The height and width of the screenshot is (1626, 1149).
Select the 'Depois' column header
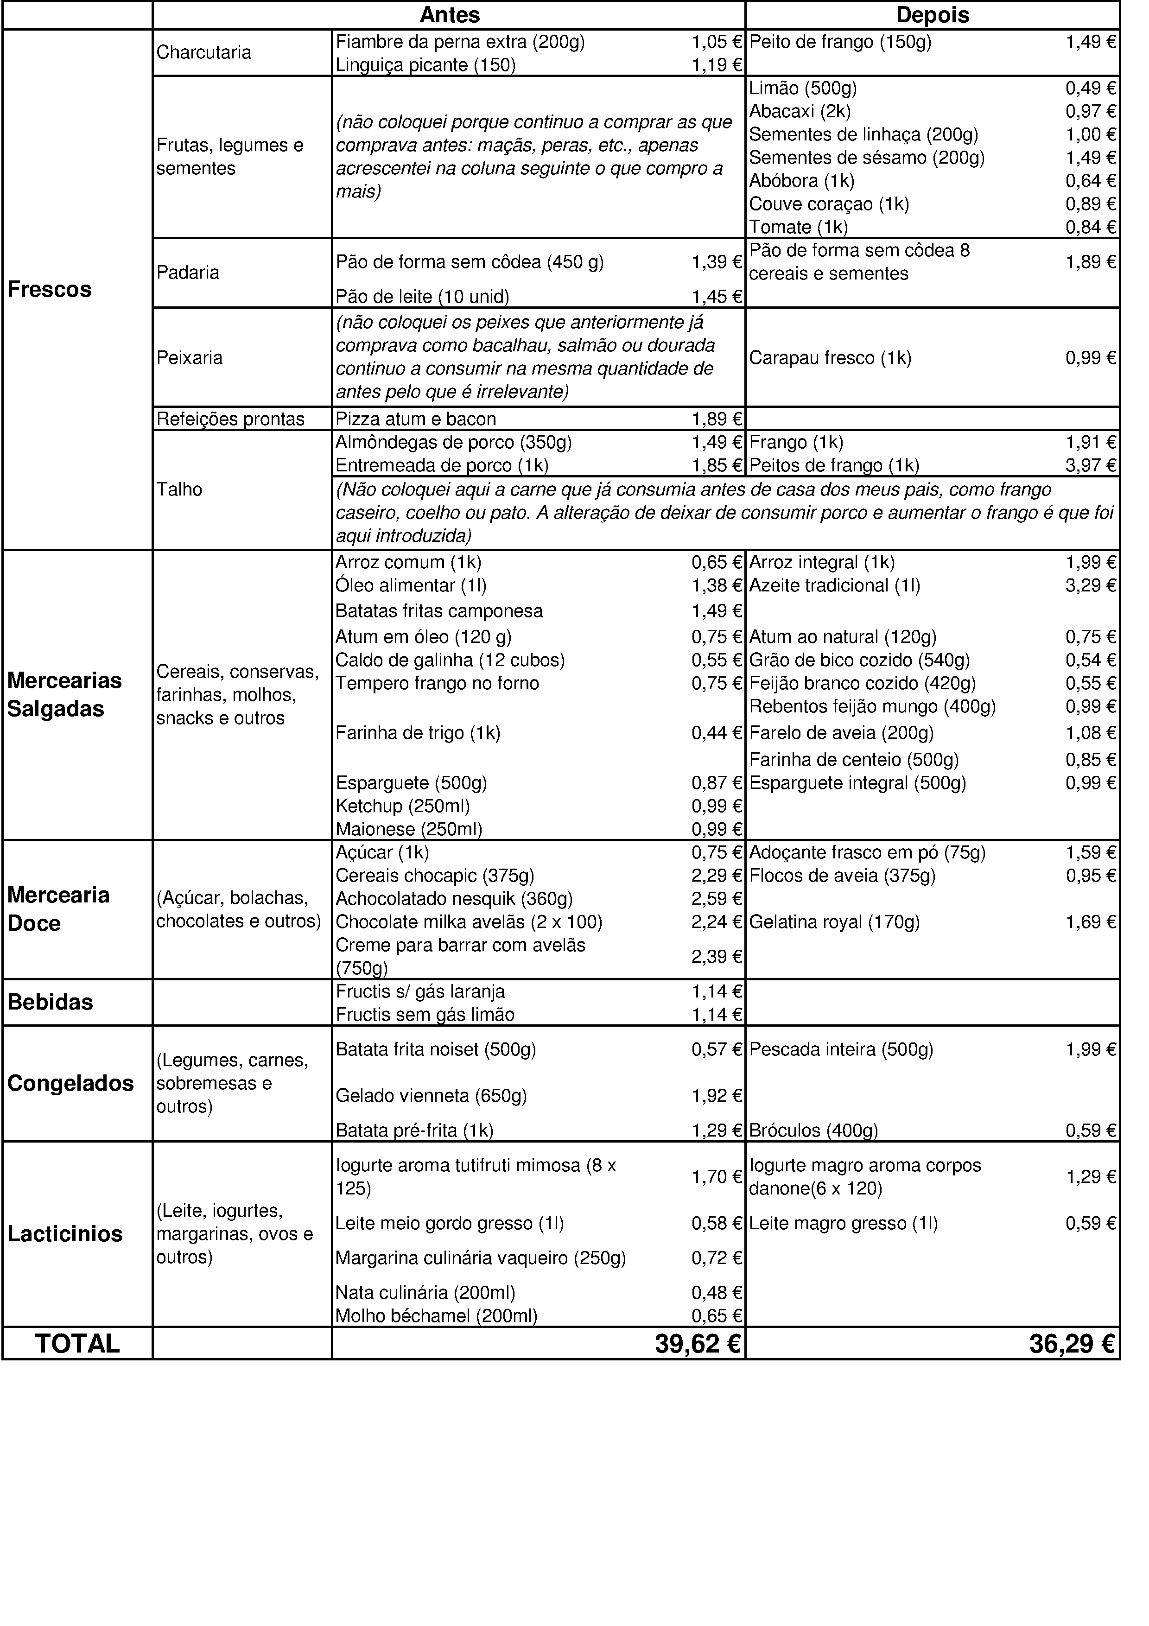(933, 15)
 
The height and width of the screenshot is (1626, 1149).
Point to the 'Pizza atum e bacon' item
(416, 419)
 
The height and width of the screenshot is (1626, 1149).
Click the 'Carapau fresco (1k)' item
(830, 358)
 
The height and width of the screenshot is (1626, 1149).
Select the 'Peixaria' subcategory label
(189, 358)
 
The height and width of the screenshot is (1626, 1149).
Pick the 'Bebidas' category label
(50, 1003)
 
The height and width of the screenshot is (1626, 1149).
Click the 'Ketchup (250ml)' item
(402, 807)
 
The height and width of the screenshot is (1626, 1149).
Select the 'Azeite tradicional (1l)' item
(835, 586)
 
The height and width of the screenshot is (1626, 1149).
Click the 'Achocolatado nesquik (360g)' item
(454, 899)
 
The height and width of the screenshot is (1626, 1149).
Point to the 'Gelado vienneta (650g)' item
(431, 1096)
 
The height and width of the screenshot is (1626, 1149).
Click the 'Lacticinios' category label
(65, 1234)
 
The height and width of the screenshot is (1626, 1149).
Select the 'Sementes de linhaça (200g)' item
(863, 134)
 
